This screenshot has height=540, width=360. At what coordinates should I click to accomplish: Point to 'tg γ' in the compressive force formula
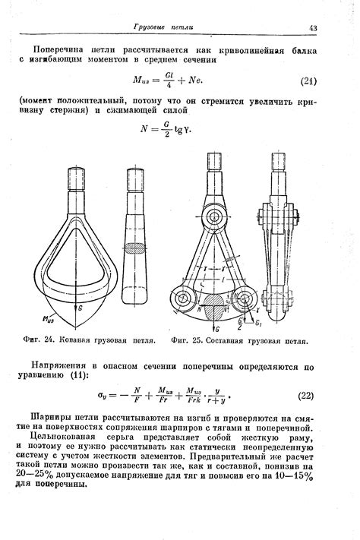point(181,128)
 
